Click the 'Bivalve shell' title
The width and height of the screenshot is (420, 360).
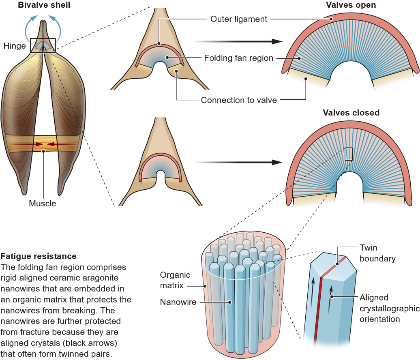click(x=44, y=5)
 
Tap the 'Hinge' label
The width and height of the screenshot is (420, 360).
click(x=15, y=46)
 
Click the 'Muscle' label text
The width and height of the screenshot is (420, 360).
click(x=43, y=203)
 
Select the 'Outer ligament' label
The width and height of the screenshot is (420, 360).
click(x=239, y=19)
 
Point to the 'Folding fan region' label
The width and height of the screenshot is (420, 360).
click(x=239, y=58)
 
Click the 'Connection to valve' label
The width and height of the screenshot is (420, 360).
click(x=239, y=100)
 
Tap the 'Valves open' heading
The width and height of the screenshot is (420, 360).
click(x=351, y=5)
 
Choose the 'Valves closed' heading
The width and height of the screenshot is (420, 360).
click(x=351, y=113)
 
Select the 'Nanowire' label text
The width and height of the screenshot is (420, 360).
click(x=178, y=302)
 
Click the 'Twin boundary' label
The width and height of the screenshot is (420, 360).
click(x=377, y=253)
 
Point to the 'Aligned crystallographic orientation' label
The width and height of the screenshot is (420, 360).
click(x=390, y=308)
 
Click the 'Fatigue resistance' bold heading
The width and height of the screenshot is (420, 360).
click(x=38, y=256)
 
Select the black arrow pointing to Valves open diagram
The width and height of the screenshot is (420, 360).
click(x=238, y=41)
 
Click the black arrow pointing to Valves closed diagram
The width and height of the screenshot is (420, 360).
click(x=238, y=162)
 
